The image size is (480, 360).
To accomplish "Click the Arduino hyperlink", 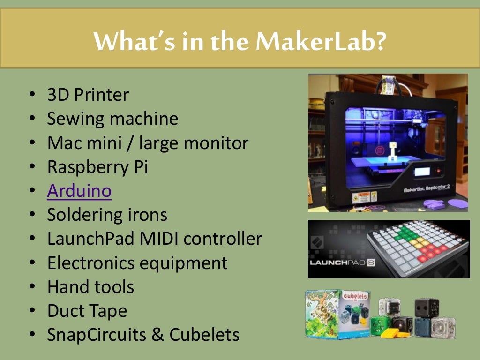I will [79, 191].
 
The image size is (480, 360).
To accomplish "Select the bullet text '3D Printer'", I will [88, 95].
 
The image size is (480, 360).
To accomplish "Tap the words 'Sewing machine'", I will [112, 119].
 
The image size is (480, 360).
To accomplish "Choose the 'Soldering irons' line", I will [107, 215].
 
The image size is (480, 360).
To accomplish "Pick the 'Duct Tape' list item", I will [87, 311].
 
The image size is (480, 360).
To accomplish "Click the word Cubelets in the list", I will [204, 335].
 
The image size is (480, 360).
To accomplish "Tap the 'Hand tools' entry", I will [90, 287].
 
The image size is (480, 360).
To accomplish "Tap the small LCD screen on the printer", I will [422, 172].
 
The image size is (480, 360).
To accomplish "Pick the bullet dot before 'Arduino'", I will [32, 191].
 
